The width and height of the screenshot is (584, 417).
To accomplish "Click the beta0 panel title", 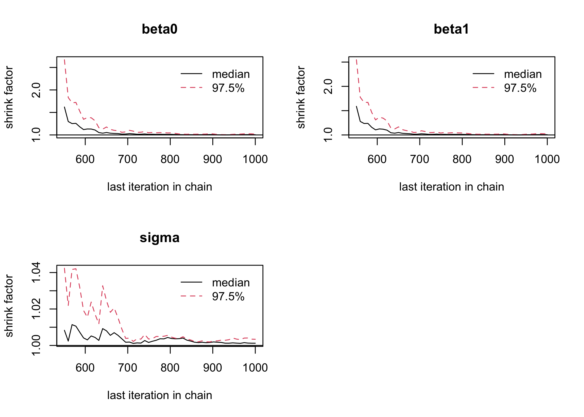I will pos(160,29).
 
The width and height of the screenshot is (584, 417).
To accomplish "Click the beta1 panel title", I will pos(451,29).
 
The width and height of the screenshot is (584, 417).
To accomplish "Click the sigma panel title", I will pos(160,238).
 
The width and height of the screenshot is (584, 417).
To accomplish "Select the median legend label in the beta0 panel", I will pos(231,74).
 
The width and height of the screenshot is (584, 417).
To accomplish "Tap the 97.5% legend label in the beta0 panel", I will pos(228,88).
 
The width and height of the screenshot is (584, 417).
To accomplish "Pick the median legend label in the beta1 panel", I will pos(523,74).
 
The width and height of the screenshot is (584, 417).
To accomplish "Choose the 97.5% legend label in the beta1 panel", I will pos(520,88).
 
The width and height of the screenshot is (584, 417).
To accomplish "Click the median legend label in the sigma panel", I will pos(231,283).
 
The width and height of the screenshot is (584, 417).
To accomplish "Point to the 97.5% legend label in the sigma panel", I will pos(228,297).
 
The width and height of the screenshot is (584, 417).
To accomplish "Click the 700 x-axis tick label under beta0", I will pos(128,159).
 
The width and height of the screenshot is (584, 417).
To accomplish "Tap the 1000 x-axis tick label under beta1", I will pos(547,159).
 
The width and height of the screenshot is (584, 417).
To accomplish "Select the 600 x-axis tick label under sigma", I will pos(85,368).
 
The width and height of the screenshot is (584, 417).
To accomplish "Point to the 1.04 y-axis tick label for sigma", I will pos(36,272).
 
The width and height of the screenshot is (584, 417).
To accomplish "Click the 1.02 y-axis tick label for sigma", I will pos(36,309).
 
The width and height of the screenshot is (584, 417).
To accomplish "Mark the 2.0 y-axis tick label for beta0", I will pos(36,90).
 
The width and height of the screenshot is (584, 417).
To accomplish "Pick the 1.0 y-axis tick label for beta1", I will pos(328,135).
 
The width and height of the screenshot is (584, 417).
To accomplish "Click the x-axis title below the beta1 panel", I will pos(451,187).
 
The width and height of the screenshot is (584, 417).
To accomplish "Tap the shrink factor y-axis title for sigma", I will pos(9,306).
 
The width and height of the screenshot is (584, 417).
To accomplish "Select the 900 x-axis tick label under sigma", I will pos(213,368).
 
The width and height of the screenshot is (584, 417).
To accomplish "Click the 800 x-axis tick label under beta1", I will pos(462,159).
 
